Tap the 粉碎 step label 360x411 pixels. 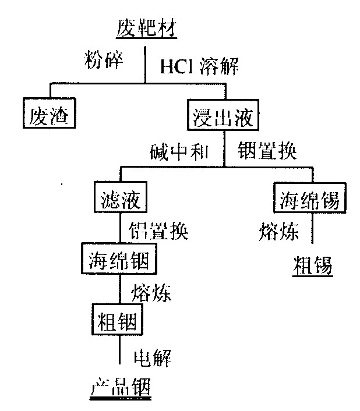[x=104, y=60]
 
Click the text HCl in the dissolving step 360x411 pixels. [x=176, y=66]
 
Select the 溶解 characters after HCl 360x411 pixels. [x=219, y=66]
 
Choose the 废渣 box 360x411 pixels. [x=50, y=113]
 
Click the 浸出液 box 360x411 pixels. [x=223, y=115]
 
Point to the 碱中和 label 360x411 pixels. [x=179, y=152]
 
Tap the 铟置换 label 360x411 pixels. [x=267, y=151]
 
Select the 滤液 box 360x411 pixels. [x=121, y=197]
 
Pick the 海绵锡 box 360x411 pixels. [x=310, y=197]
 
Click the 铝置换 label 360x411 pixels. [x=158, y=231]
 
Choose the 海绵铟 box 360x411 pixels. [x=119, y=258]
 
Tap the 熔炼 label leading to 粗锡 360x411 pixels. [x=278, y=232]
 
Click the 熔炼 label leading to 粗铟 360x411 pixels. [x=151, y=292]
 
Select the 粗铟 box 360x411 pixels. [x=117, y=319]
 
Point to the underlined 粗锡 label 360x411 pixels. [x=313, y=265]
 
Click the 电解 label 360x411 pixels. [x=153, y=357]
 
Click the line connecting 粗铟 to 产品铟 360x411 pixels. [x=119, y=349]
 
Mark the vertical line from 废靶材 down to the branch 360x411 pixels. [x=145, y=65]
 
